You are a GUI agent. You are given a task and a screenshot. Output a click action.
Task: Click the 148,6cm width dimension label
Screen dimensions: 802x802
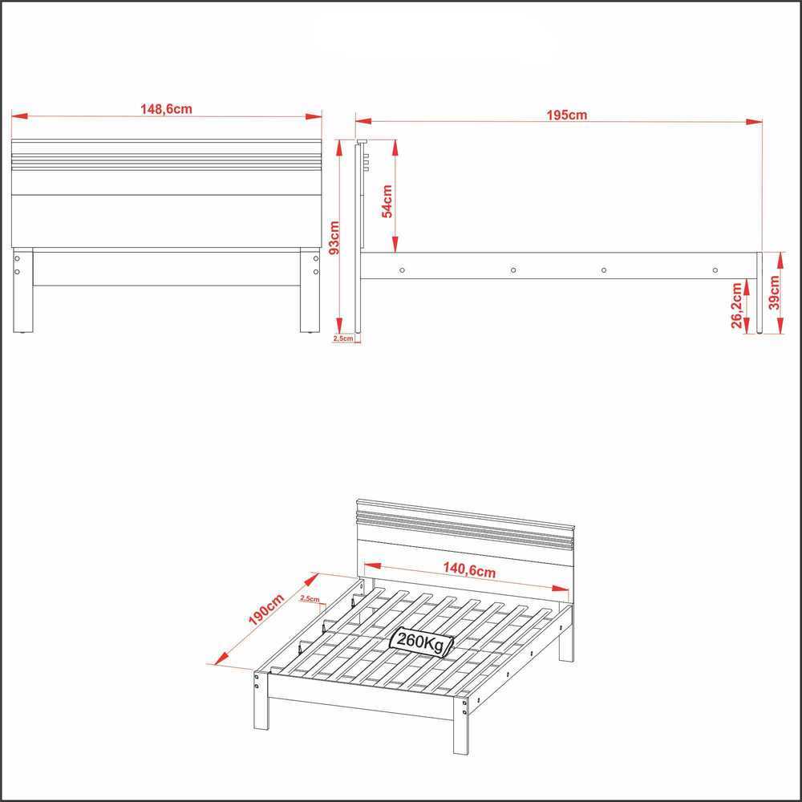tap(166, 109)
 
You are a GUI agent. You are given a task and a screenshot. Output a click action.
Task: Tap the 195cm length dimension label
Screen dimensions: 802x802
tap(567, 115)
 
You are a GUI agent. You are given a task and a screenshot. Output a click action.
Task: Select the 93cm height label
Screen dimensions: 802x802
tap(334, 238)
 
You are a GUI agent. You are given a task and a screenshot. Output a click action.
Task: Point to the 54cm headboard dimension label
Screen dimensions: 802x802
tap(387, 201)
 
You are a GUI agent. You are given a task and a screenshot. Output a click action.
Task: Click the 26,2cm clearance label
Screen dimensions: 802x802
tap(737, 306)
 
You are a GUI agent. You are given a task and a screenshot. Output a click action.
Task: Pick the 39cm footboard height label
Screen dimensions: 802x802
tap(775, 293)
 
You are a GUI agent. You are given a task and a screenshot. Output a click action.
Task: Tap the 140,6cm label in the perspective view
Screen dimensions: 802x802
tap(469, 569)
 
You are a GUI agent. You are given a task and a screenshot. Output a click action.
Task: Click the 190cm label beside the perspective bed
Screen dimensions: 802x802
tap(266, 610)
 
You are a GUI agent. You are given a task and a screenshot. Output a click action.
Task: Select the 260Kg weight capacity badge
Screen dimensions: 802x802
tap(422, 641)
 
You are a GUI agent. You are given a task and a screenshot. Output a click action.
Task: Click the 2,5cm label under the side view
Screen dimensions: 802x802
tap(343, 338)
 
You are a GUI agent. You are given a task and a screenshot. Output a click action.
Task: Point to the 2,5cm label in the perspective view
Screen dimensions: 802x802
tap(310, 598)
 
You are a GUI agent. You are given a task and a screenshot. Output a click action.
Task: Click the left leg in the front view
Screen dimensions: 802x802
tap(23, 290)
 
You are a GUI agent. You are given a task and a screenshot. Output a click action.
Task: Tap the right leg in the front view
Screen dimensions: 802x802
tap(310, 290)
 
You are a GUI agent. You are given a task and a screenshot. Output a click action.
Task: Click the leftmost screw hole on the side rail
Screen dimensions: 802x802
tap(402, 270)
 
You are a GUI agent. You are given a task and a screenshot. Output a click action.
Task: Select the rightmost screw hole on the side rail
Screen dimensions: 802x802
tap(715, 270)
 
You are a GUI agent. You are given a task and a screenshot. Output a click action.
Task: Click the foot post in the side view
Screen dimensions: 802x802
tap(759, 293)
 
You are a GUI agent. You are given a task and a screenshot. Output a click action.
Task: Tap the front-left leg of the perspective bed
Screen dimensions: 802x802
tap(261, 699)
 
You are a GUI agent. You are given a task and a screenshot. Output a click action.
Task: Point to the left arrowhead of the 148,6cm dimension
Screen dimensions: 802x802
tap(19, 116)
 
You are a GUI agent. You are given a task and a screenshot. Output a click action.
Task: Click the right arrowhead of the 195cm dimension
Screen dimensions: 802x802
tap(754, 122)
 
